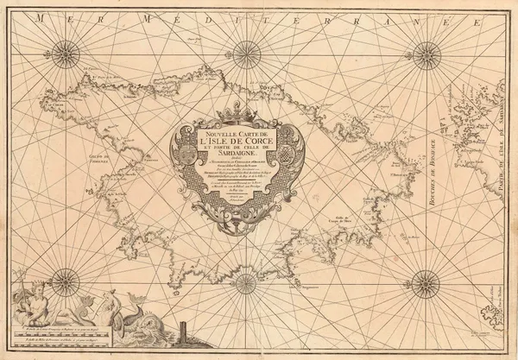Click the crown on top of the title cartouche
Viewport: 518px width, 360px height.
(237, 111)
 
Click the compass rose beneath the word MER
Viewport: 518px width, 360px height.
(66, 54)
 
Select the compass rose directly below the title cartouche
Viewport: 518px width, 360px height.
(245, 282)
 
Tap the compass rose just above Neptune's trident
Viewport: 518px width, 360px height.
(66, 281)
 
